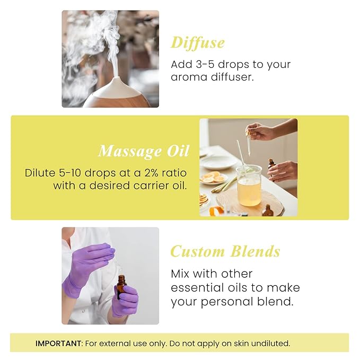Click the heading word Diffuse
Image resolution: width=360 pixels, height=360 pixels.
197,43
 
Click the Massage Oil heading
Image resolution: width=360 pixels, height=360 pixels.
144,152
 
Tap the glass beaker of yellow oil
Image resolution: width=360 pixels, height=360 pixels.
249,185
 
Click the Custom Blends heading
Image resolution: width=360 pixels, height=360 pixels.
225,251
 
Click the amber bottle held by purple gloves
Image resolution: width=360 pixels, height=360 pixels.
121,286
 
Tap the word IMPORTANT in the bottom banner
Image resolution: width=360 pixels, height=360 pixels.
58,343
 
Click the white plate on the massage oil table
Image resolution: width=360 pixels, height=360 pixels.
218,162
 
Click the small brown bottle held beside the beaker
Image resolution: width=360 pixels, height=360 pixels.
271,164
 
